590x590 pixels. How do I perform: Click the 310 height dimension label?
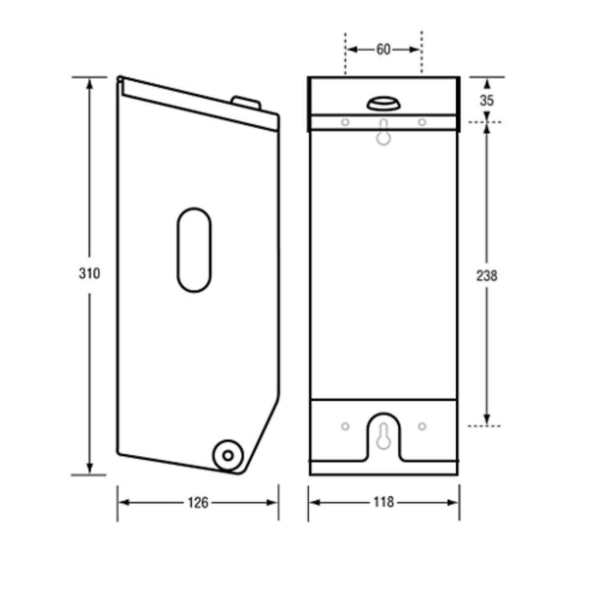coord(89,273)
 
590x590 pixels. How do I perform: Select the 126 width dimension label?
coord(198,502)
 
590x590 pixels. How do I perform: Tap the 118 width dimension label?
coord(383,502)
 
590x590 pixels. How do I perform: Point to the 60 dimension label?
coord(383,49)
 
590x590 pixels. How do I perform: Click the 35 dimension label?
coord(486,100)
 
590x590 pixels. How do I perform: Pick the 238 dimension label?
coord(486,276)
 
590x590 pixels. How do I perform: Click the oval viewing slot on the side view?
coord(194,250)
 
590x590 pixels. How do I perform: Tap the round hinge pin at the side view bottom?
coord(228,455)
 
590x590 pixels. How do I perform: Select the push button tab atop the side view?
coord(246,102)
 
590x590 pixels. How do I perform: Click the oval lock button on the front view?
coord(383,104)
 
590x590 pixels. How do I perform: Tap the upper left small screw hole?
coord(345,122)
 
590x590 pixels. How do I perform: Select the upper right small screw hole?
coord(422,122)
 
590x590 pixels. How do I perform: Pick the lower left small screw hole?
coord(345,426)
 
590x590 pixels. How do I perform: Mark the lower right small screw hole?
coord(422,426)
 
